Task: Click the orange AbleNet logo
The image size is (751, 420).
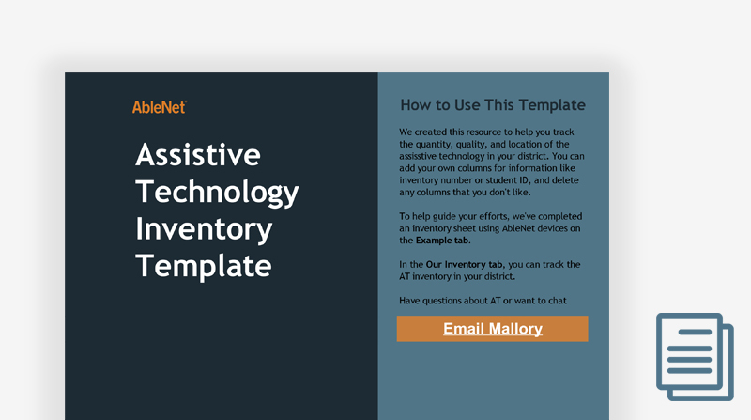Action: click(160, 107)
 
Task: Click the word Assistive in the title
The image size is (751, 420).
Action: click(198, 155)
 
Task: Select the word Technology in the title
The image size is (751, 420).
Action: click(217, 194)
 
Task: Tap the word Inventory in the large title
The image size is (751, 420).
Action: click(204, 229)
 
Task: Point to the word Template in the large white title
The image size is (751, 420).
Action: click(204, 267)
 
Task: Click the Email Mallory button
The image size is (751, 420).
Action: click(492, 329)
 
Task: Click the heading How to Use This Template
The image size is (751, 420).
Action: click(493, 105)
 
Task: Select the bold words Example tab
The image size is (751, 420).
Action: click(442, 241)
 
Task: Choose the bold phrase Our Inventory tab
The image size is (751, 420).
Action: click(464, 265)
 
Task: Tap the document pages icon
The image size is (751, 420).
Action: click(695, 357)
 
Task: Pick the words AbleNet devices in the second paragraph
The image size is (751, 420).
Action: click(534, 228)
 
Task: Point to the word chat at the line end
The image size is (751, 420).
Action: click(558, 301)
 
